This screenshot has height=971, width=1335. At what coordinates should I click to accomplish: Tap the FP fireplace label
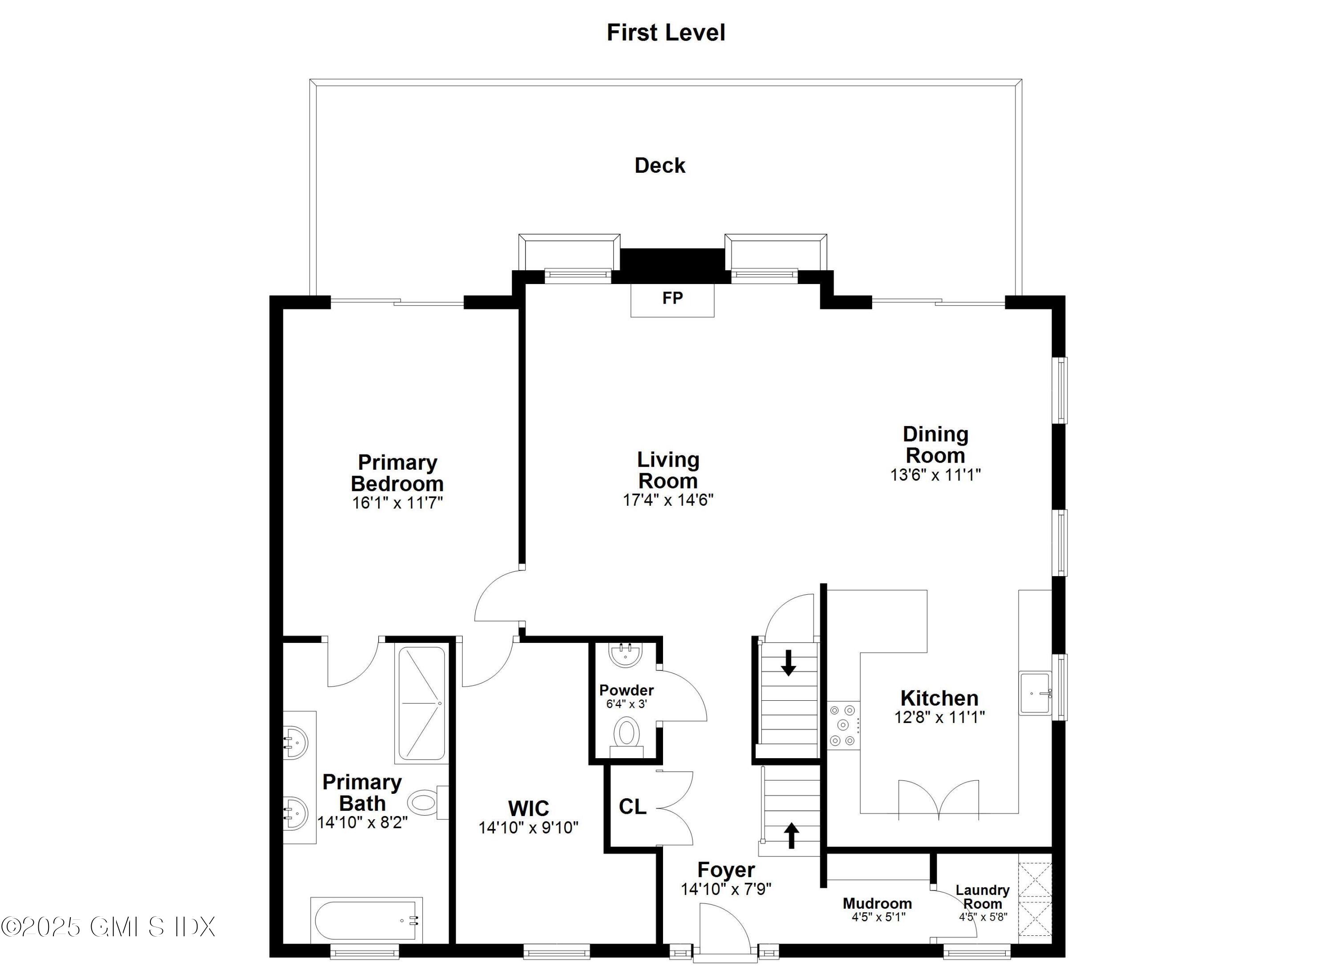click(x=672, y=298)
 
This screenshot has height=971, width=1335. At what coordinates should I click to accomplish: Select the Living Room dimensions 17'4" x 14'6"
click(x=668, y=500)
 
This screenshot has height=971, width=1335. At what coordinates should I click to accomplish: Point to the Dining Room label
click(x=935, y=445)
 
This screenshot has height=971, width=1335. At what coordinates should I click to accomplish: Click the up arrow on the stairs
click(x=792, y=835)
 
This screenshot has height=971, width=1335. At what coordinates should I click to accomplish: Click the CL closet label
click(x=632, y=806)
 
